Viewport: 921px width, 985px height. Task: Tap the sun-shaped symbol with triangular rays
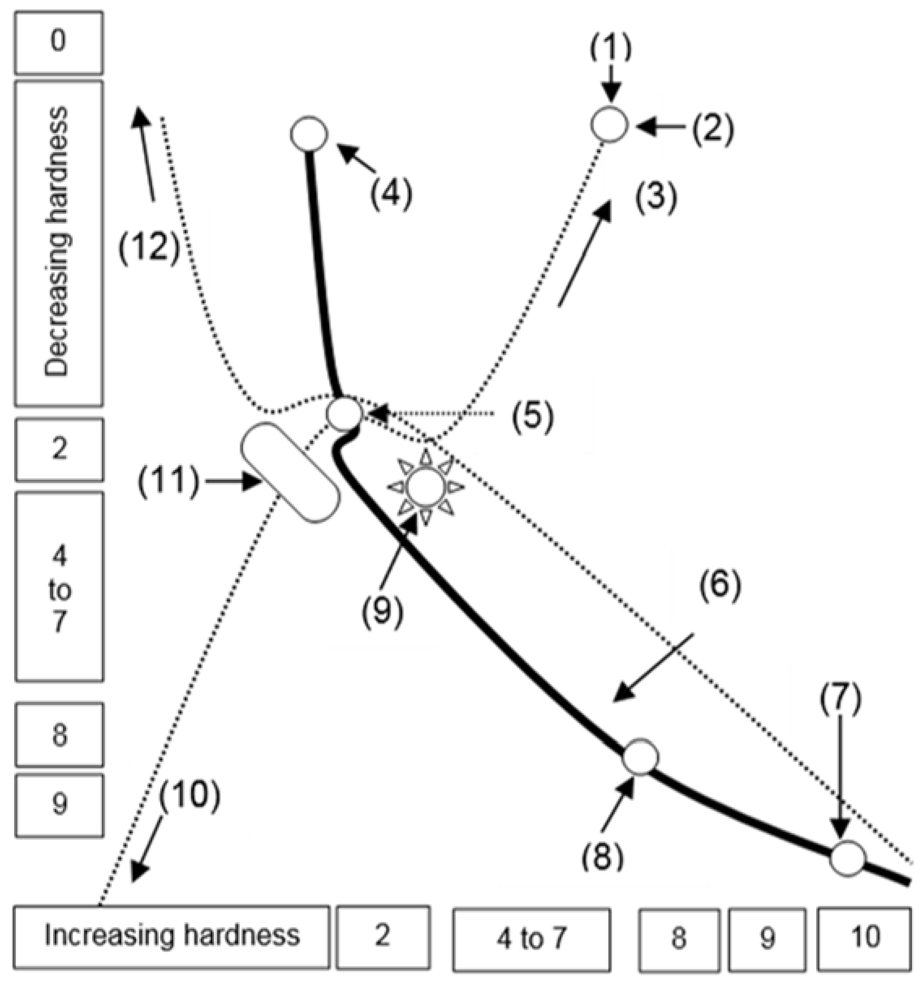(424, 487)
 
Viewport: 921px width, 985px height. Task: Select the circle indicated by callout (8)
(640, 756)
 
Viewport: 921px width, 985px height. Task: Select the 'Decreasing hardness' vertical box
(58, 243)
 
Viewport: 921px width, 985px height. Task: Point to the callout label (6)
(720, 585)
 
